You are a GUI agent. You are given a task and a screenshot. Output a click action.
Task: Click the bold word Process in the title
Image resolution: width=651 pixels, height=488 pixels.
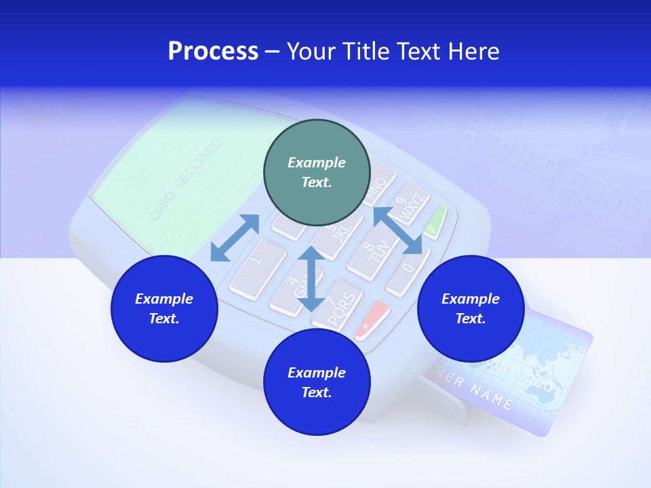pos(213,52)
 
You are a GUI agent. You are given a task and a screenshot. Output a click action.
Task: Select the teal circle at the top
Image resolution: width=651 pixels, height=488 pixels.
pos(317,172)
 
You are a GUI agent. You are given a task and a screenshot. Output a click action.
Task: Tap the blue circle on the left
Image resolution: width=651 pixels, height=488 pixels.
pos(164,308)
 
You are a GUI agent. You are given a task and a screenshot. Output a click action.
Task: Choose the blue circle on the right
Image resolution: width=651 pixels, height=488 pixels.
pos(471,308)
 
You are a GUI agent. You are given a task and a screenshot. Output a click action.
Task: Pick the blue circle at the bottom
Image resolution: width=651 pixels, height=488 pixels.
pos(317,382)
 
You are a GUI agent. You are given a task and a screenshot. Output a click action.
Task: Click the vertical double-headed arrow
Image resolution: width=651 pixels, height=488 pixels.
pos(311,279)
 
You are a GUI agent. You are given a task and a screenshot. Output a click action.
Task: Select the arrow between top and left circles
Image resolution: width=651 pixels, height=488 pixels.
pos(235,237)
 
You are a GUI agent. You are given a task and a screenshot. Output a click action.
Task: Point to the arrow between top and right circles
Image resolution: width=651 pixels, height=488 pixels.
pos(398,230)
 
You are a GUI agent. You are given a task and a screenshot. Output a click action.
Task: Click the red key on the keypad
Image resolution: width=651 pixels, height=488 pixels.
pos(372,319)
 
